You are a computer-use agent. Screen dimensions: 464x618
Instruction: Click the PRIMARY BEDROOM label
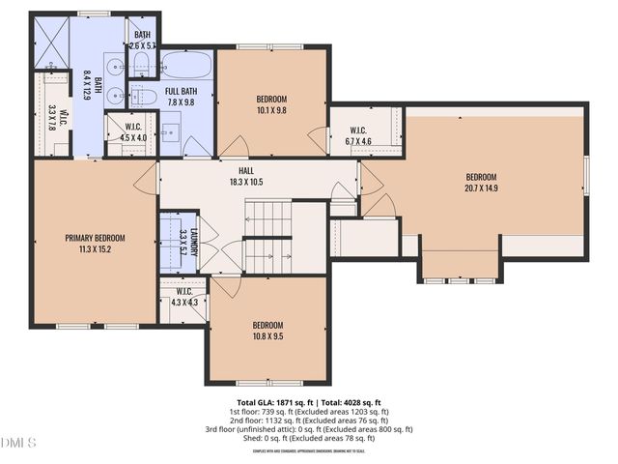pyautogui.click(x=95, y=237)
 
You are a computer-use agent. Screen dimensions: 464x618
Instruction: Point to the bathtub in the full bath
pyautogui.click(x=186, y=65)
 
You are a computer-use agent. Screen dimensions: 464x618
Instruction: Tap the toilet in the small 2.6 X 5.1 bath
pyautogui.click(x=143, y=65)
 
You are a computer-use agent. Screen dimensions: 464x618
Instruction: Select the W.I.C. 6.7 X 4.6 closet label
pyautogui.click(x=357, y=136)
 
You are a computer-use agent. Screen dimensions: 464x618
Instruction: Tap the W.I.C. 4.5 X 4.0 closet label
pyautogui.click(x=134, y=132)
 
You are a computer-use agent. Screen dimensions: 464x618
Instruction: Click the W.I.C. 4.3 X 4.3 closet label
pyautogui.click(x=183, y=297)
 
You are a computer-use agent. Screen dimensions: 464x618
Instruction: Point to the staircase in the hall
pyautogui.click(x=267, y=237)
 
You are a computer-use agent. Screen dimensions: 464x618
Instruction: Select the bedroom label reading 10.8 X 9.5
pyautogui.click(x=267, y=336)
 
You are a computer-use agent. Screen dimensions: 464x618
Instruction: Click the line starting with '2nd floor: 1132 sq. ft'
pyautogui.click(x=309, y=420)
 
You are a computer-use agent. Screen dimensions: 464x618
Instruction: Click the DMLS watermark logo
pyautogui.click(x=18, y=443)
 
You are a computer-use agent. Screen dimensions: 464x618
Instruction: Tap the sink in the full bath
pyautogui.click(x=146, y=97)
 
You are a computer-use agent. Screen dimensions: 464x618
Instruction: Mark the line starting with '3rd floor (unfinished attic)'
pyautogui.click(x=309, y=429)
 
